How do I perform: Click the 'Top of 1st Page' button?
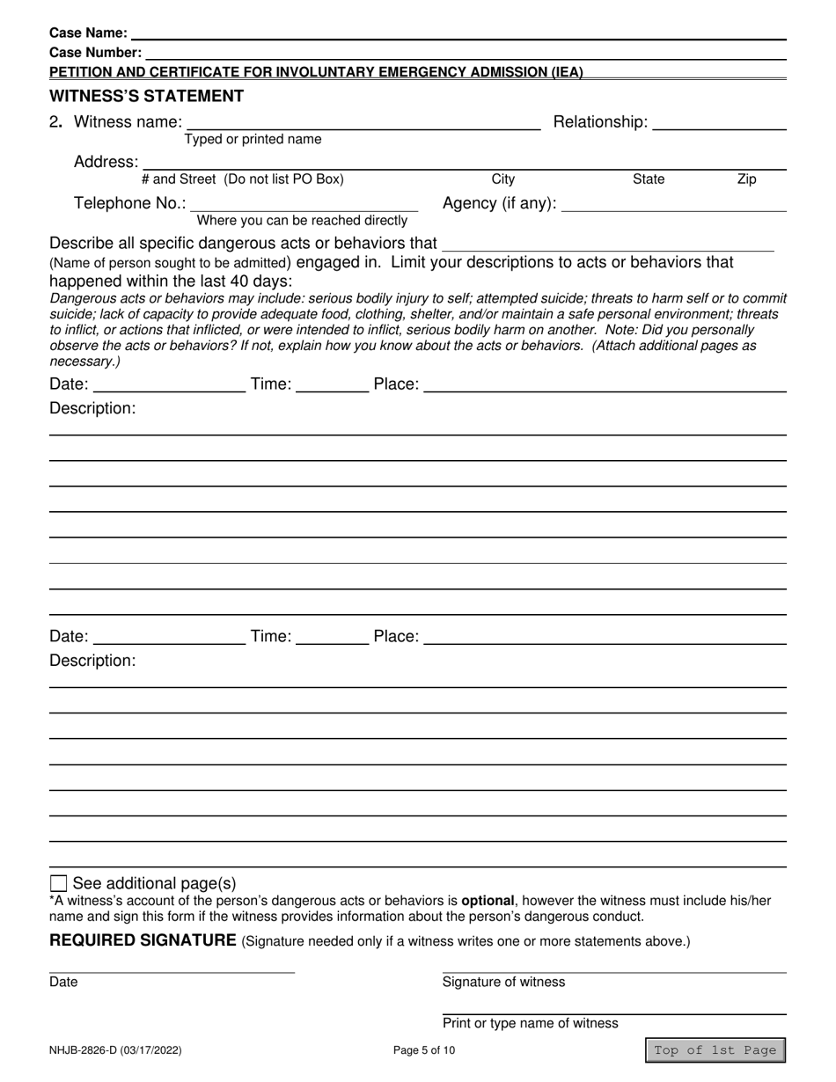(715, 1050)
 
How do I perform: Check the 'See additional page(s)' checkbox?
(59, 883)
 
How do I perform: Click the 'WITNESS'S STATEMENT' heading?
(146, 96)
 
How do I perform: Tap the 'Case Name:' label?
(88, 33)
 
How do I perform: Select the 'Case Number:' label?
(95, 53)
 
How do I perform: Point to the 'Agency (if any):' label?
(499, 204)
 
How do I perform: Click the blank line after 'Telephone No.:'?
(304, 204)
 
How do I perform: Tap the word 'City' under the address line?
(502, 179)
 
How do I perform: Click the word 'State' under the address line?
(649, 179)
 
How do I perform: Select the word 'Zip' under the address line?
(746, 179)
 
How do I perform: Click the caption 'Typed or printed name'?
(253, 139)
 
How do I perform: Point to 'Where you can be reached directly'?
(302, 220)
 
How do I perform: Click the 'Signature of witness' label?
(503, 982)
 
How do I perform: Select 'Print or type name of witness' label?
(530, 1023)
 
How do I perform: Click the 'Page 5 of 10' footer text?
(425, 1050)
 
